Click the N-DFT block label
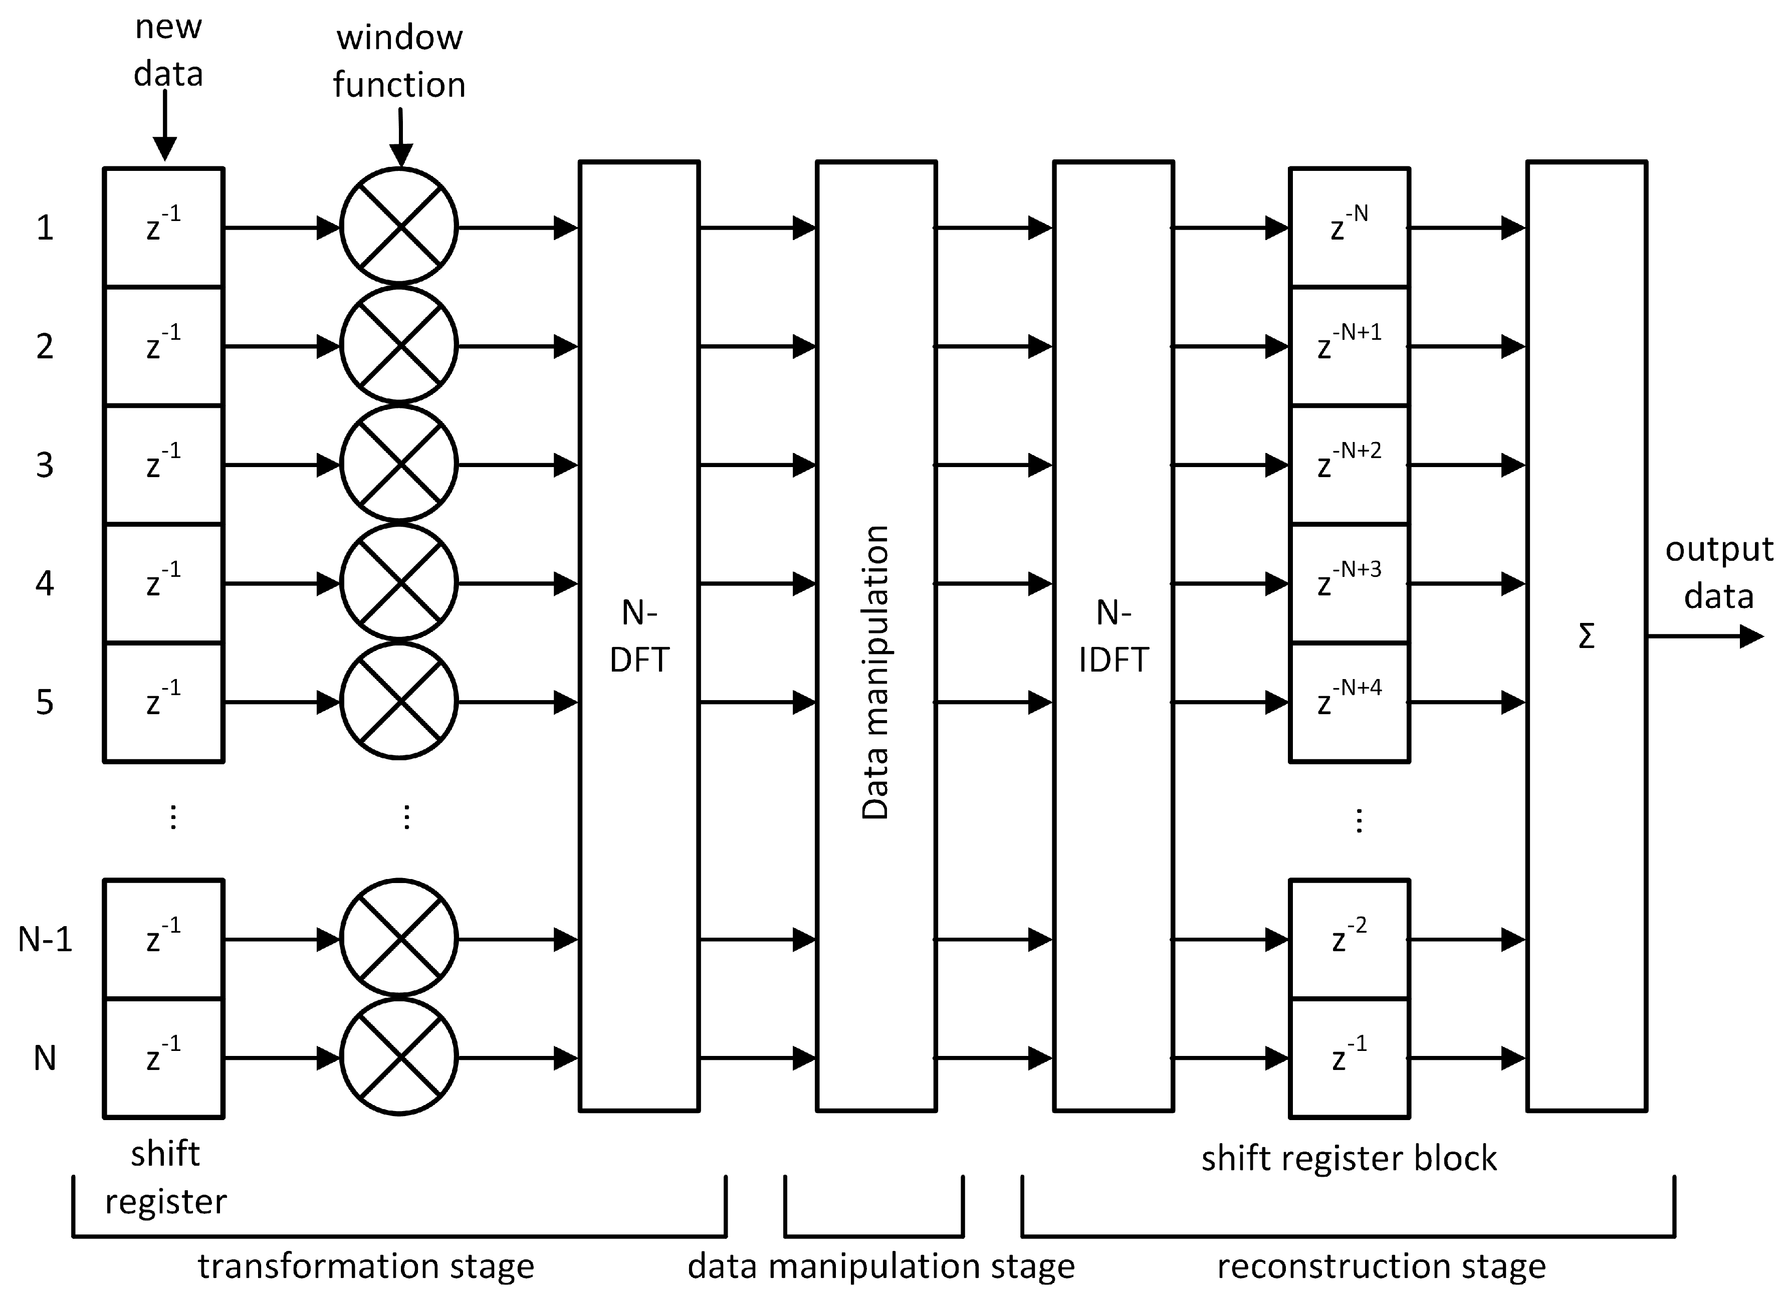coord(638,635)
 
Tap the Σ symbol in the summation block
coord(1586,635)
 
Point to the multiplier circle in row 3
coord(399,465)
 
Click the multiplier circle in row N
coord(399,1057)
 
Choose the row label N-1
coord(45,939)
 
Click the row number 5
coord(45,702)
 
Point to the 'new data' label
coord(168,51)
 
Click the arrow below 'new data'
coord(164,126)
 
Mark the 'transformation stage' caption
coord(366,1266)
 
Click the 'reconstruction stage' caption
coord(1381,1266)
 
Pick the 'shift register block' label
coord(1348,1158)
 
